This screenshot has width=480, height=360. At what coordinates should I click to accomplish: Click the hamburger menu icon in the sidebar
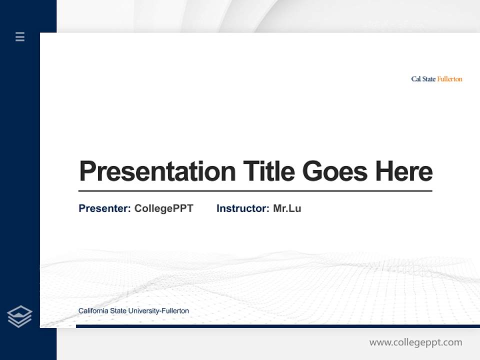pos(20,36)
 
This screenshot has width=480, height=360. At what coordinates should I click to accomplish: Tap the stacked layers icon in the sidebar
pos(19,316)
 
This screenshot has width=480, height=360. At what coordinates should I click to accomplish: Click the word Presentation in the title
pos(157,171)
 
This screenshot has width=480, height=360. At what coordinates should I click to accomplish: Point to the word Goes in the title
pos(335,171)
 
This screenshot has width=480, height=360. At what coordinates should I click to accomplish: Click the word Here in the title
pos(403,171)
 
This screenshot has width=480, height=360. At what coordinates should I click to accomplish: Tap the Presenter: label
pos(104,208)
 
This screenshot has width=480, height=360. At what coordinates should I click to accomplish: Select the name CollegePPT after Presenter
pos(163,208)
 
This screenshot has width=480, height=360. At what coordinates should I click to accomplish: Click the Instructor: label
pos(242,208)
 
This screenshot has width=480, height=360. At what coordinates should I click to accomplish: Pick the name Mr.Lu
pos(287,208)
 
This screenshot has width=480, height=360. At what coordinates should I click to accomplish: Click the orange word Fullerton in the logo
pos(449,79)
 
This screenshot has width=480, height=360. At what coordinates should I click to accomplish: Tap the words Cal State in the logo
pos(423,79)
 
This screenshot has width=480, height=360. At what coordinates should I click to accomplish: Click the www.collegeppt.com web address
pos(415,342)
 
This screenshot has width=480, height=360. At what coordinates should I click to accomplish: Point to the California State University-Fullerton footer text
pos(133,311)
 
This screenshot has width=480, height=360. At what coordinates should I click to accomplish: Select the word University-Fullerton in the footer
pos(158,311)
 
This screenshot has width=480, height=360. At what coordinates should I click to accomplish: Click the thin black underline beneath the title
pos(255,190)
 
